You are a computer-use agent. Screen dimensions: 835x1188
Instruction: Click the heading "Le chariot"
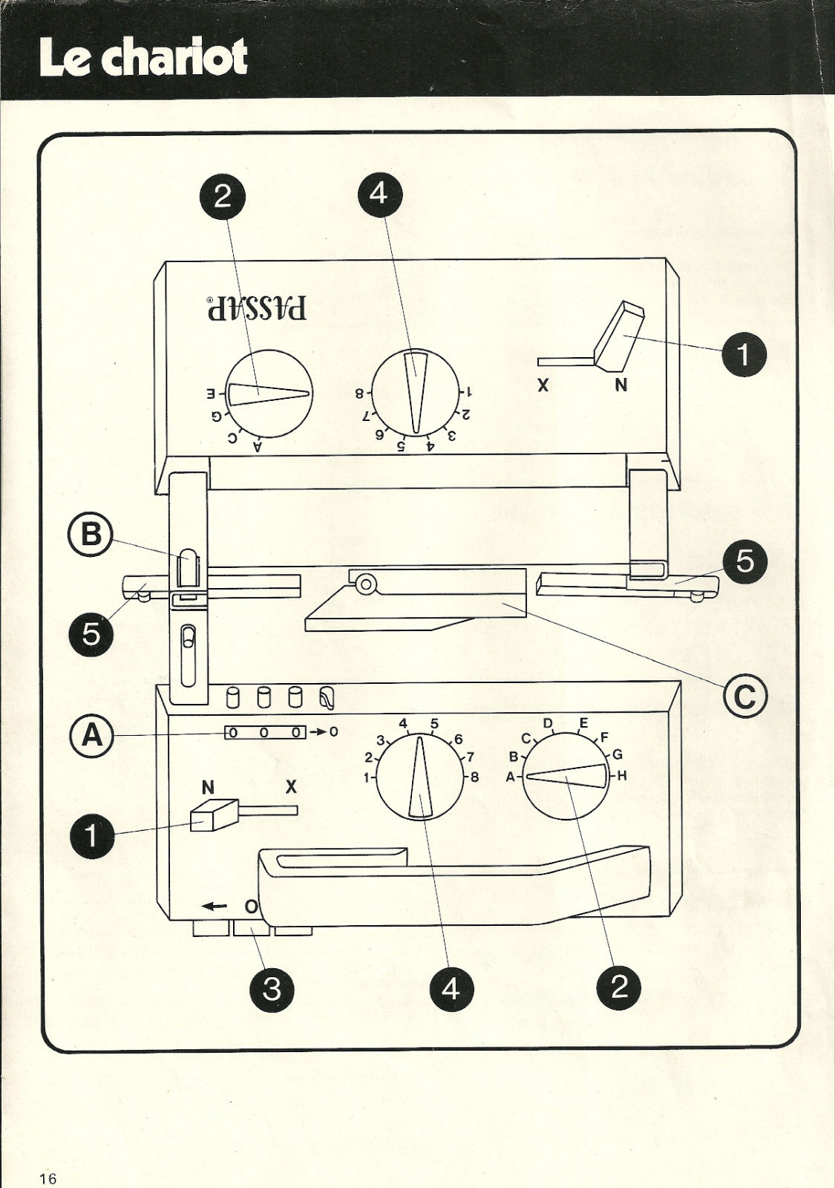(x=144, y=58)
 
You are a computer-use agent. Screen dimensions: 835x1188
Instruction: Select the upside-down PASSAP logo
(x=257, y=307)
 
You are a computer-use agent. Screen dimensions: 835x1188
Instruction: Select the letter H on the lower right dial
(x=623, y=777)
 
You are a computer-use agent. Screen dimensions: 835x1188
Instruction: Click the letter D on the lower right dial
(x=549, y=723)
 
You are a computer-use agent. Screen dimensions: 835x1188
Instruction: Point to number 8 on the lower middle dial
(x=474, y=778)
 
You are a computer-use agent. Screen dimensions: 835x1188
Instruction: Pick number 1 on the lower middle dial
(x=366, y=778)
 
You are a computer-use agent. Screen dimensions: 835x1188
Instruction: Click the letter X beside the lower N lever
(x=291, y=787)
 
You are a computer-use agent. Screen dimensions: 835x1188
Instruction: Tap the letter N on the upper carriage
(x=621, y=385)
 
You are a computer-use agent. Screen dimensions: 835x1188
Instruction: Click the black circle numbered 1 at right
(x=744, y=354)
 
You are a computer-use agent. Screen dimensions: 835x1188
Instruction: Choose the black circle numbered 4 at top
(x=380, y=195)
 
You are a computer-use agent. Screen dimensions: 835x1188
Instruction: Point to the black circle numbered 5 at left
(x=91, y=634)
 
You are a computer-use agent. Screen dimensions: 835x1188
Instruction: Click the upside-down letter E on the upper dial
(x=211, y=394)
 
